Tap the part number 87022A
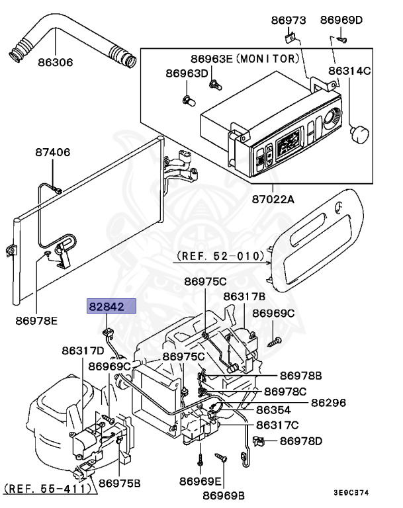pos(273,198)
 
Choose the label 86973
pos(288,21)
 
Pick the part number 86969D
pos(341,21)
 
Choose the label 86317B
pos(244,296)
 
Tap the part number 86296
pos(329,402)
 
